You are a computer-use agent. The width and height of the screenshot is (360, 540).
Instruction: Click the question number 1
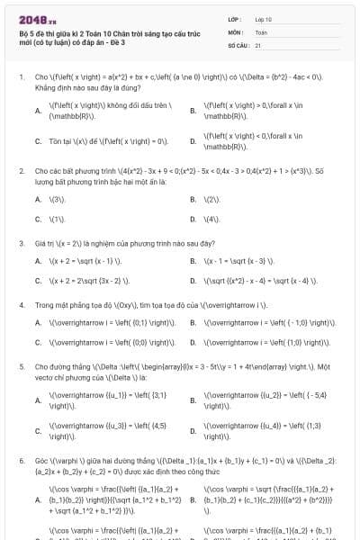pyautogui.click(x=21, y=77)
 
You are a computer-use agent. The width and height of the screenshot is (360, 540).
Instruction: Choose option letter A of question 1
pyautogui.click(x=38, y=111)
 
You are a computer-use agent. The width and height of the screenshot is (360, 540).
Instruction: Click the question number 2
pyautogui.click(x=21, y=170)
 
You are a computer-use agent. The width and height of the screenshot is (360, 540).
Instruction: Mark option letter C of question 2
pyautogui.click(x=38, y=219)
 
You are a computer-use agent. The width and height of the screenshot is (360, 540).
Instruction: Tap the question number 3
pyautogui.click(x=21, y=244)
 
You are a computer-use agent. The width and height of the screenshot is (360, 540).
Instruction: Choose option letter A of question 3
pyautogui.click(x=38, y=261)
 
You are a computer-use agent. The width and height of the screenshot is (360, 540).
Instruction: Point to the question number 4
pyautogui.click(x=21, y=305)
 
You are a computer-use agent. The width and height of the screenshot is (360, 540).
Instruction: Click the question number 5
pyautogui.click(x=21, y=367)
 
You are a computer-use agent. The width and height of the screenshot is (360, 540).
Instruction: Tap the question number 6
pyautogui.click(x=21, y=460)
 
